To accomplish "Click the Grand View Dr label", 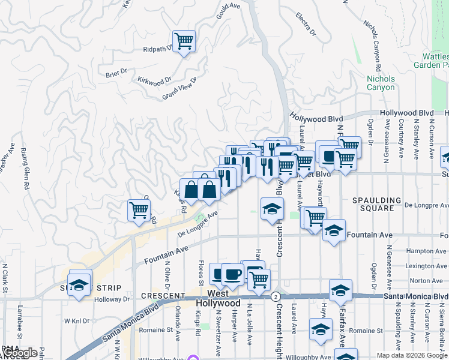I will point(179,89).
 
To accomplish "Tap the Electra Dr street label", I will point(306,23).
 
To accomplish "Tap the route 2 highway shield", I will point(275,296).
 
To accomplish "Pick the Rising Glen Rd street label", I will point(25,169).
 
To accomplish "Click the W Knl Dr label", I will point(76,321).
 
